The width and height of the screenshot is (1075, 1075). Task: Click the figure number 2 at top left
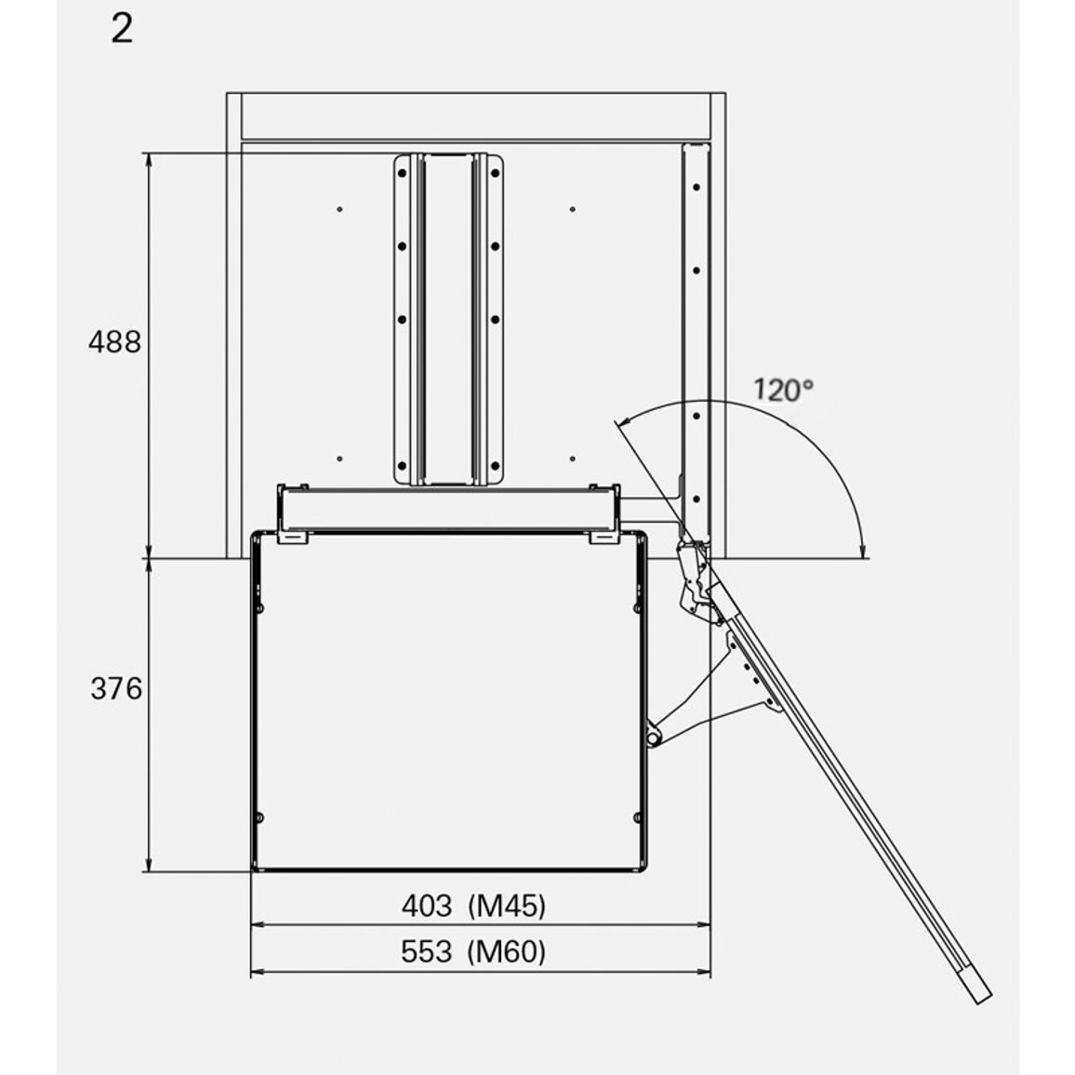[122, 30]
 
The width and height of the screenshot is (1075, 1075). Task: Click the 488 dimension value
[114, 341]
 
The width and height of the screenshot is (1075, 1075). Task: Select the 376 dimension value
[116, 688]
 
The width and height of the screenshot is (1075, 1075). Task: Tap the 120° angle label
[784, 390]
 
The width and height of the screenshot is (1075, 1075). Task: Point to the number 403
[427, 906]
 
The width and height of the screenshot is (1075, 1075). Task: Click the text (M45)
[507, 907]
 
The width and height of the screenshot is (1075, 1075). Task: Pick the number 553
[427, 951]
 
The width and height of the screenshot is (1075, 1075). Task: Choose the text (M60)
[507, 952]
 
